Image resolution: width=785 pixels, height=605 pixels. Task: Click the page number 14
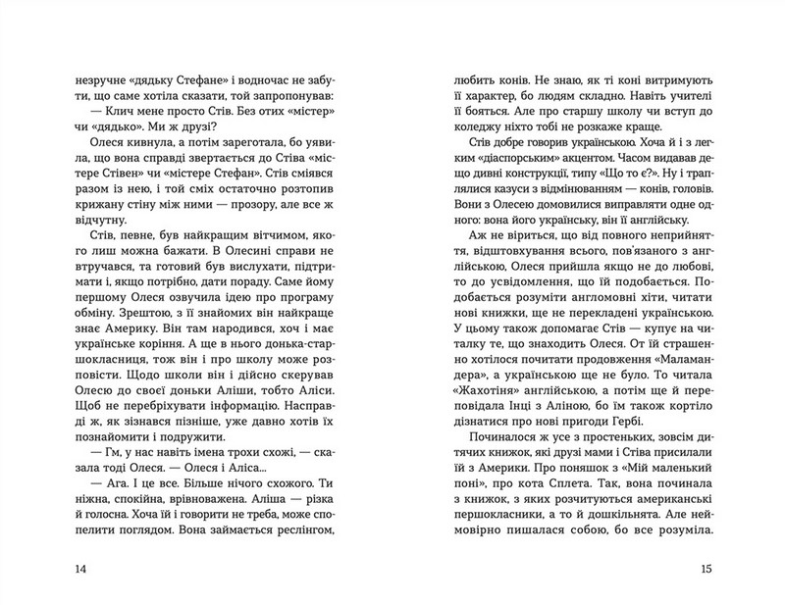tap(69, 570)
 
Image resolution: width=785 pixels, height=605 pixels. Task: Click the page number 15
tap(714, 570)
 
